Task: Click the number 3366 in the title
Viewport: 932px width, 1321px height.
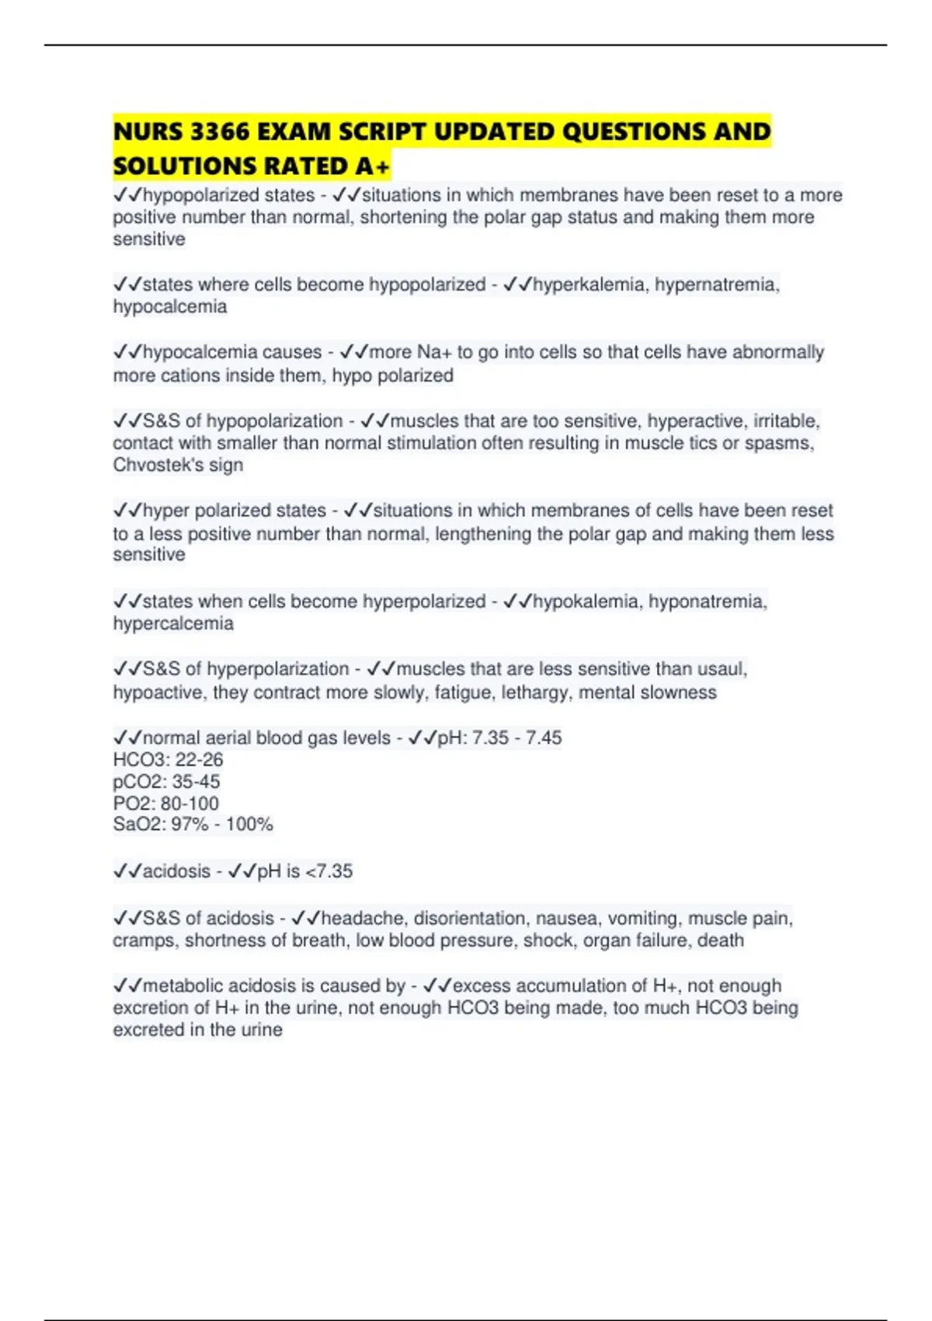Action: click(220, 132)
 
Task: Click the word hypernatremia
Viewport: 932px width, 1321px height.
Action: click(716, 285)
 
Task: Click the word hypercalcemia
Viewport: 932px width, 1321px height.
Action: click(173, 624)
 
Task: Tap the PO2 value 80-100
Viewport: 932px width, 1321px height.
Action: click(190, 803)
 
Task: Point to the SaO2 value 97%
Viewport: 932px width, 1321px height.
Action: click(190, 824)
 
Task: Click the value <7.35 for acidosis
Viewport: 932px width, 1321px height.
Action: click(329, 872)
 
